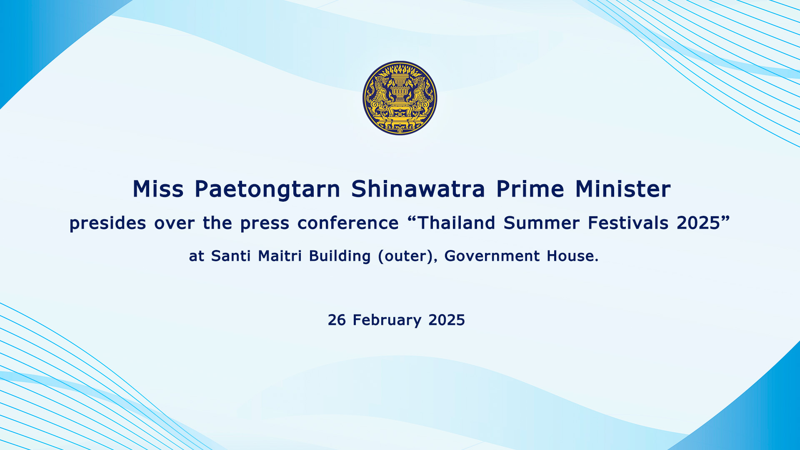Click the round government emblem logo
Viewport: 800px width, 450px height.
pyautogui.click(x=400, y=98)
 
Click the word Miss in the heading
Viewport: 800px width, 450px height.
pyautogui.click(x=158, y=189)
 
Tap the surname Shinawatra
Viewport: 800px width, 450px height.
pyautogui.click(x=418, y=189)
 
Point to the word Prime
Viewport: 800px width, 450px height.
pyautogui.click(x=530, y=189)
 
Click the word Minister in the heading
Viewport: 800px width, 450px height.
pyautogui.click(x=623, y=189)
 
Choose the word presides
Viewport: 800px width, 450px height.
pyautogui.click(x=107, y=224)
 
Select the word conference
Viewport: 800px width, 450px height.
pyautogui.click(x=348, y=223)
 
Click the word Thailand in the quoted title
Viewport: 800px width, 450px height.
pyautogui.click(x=456, y=223)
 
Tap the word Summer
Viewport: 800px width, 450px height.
pyautogui.click(x=541, y=223)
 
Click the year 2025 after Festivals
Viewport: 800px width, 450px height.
pyautogui.click(x=698, y=223)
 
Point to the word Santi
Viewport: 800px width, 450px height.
pyautogui.click(x=231, y=256)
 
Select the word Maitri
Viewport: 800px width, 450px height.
pyautogui.click(x=280, y=256)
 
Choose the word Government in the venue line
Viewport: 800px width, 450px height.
pyautogui.click(x=492, y=256)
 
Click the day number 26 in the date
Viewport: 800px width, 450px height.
pyautogui.click(x=337, y=320)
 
